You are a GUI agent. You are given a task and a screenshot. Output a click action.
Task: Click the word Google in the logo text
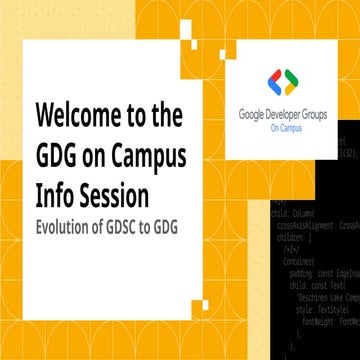tap(254, 113)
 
